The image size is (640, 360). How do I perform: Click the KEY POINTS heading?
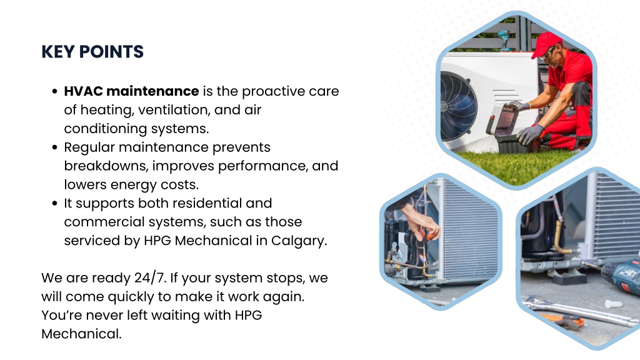point(92,52)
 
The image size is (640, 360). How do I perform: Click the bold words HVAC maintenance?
point(131,91)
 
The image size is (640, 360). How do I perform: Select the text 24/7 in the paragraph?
point(149,278)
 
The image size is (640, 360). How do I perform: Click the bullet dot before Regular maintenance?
point(55,147)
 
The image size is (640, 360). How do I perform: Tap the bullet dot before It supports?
point(55,203)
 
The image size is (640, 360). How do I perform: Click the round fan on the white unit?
point(458,106)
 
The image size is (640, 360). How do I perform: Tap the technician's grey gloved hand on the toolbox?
point(529,134)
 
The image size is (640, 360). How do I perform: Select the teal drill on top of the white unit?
point(505,40)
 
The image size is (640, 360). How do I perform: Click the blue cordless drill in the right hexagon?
point(621,275)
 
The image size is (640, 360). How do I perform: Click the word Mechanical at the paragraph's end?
point(81,334)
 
